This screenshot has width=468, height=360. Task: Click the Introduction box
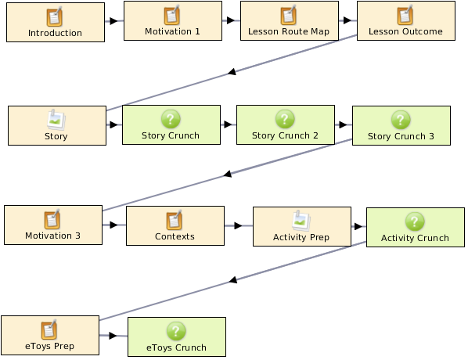[56, 23]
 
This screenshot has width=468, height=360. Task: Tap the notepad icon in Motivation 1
[172, 15]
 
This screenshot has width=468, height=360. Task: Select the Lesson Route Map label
[289, 31]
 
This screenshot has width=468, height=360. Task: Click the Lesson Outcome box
[406, 20]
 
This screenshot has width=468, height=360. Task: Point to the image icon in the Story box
[56, 120]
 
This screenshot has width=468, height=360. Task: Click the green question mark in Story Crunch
[171, 119]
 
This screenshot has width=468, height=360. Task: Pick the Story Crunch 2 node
[286, 124]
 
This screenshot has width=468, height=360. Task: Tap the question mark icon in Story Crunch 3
[401, 120]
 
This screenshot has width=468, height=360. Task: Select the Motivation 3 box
[53, 225]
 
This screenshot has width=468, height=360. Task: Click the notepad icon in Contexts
[175, 220]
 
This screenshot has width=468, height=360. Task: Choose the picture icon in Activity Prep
[301, 221]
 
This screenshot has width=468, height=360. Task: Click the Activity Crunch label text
[415, 238]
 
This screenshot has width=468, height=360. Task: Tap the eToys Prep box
[50, 335]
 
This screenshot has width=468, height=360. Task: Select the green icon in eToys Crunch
[176, 331]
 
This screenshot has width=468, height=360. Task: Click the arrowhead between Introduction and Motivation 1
[113, 21]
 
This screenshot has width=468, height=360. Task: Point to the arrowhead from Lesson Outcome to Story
[232, 72]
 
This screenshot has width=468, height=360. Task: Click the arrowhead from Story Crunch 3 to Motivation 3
[228, 174]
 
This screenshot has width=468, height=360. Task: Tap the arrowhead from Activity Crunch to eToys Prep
[233, 279]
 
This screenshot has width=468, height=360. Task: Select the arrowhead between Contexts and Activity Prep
[238, 225]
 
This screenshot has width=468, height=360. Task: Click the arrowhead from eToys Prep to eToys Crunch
[113, 336]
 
